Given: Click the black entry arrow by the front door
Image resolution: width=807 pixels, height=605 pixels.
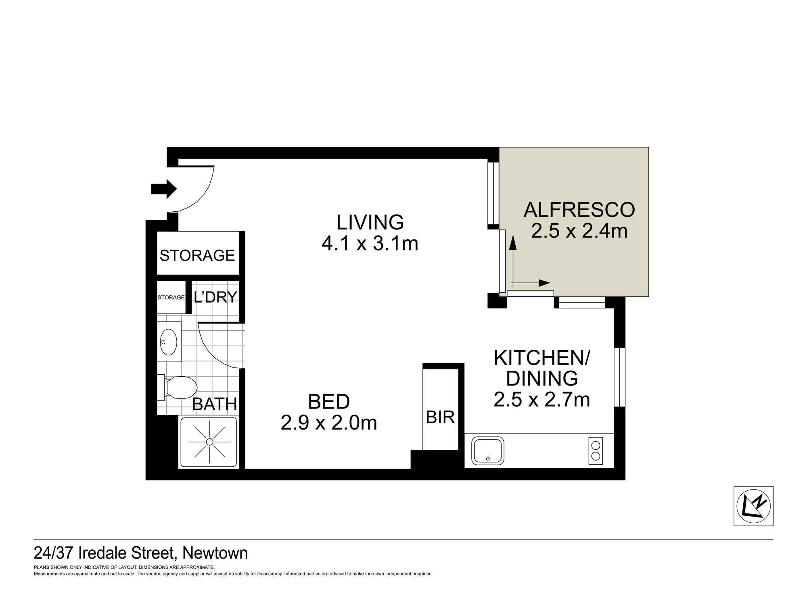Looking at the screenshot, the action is pyautogui.click(x=164, y=189).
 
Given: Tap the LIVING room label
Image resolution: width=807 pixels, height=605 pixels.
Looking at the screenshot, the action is pyautogui.click(x=370, y=222).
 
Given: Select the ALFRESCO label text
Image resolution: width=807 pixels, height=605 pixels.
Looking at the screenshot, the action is pyautogui.click(x=579, y=210).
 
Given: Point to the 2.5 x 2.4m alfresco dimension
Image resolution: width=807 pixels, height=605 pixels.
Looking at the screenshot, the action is pyautogui.click(x=579, y=231).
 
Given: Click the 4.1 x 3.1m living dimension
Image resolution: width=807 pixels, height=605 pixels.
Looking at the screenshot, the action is pyautogui.click(x=370, y=244).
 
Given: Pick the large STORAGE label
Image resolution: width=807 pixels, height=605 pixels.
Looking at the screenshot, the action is pyautogui.click(x=197, y=255).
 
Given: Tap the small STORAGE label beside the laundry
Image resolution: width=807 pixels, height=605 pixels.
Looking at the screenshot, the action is pyautogui.click(x=171, y=297).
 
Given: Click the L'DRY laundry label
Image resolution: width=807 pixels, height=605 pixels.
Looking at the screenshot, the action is pyautogui.click(x=215, y=297).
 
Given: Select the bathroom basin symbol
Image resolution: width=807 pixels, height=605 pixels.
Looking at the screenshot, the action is pyautogui.click(x=169, y=342).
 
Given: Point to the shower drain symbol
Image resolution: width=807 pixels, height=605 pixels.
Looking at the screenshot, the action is pyautogui.click(x=209, y=442).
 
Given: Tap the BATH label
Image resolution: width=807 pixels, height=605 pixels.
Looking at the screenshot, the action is pyautogui.click(x=214, y=404).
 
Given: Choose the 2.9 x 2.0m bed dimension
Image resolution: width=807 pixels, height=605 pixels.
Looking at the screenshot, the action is pyautogui.click(x=329, y=423).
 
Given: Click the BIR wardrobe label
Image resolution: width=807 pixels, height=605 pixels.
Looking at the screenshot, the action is pyautogui.click(x=440, y=417).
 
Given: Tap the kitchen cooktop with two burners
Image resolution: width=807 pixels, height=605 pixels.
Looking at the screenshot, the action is pyautogui.click(x=596, y=451).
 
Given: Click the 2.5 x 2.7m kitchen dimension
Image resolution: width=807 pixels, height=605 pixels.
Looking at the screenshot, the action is pyautogui.click(x=542, y=400).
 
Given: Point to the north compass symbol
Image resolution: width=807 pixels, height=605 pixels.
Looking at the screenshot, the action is pyautogui.click(x=753, y=506).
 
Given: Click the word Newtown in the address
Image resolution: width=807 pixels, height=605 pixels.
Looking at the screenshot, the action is pyautogui.click(x=215, y=553).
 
